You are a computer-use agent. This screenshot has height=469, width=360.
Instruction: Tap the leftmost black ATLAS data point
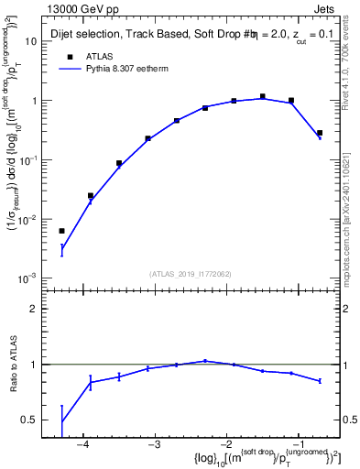coord(61,231)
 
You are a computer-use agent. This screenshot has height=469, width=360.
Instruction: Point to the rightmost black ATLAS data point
coord(320,133)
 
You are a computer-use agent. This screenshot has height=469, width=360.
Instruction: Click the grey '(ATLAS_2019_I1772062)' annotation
coord(191,274)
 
